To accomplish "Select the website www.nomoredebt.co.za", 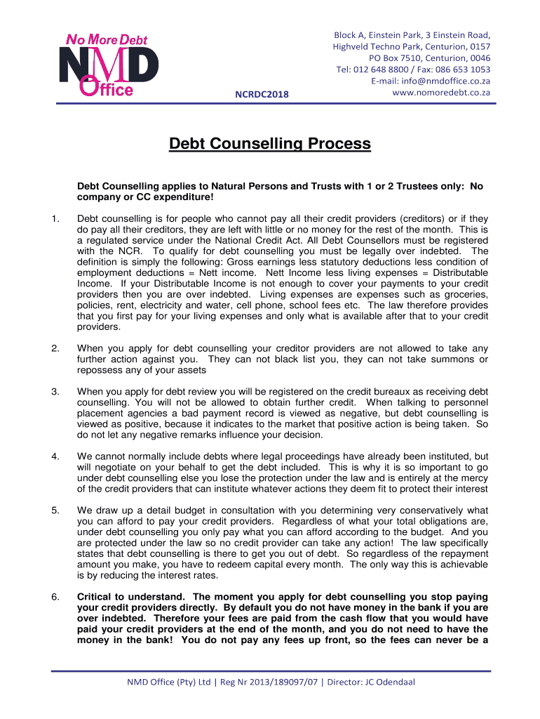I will click(441, 93).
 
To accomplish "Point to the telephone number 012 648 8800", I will click(384, 69).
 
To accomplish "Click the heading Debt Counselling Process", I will click(270, 144).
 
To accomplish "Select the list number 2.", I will click(55, 348).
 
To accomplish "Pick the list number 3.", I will click(55, 391).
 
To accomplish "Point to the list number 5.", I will click(55, 510).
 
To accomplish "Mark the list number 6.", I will click(55, 596).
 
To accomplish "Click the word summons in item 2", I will click(445, 359).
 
